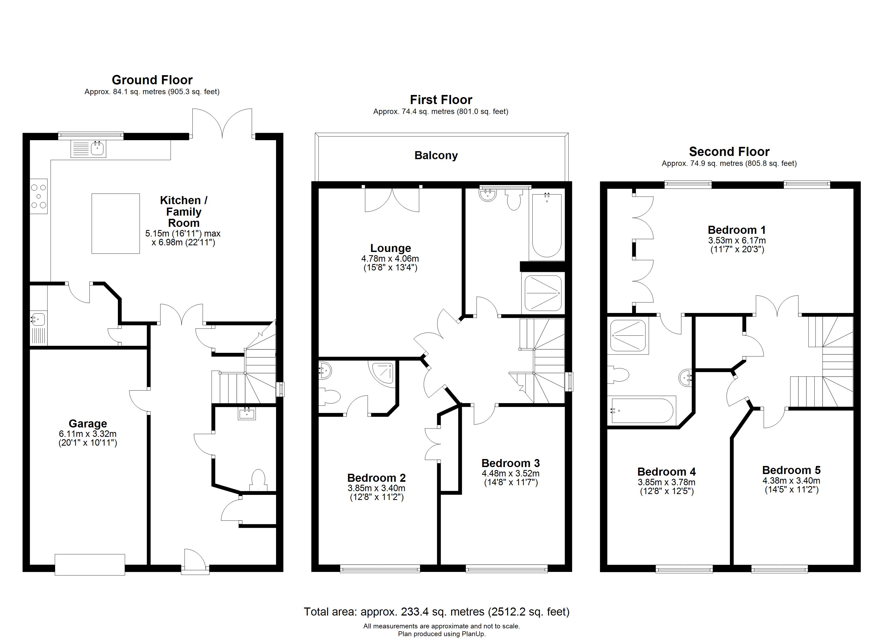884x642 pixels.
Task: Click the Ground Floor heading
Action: tap(152, 80)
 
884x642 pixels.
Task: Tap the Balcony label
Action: tap(436, 155)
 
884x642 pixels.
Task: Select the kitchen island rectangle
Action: tap(116, 223)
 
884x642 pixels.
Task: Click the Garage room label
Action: tap(88, 424)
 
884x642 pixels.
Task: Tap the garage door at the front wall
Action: tap(90, 564)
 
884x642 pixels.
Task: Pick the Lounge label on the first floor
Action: tap(391, 248)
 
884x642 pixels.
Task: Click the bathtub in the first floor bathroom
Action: tap(547, 225)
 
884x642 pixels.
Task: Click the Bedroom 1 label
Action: tap(737, 230)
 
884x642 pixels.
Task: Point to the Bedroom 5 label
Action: tap(791, 470)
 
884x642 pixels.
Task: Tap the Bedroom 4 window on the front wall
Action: tap(684, 569)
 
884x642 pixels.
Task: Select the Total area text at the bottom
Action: tap(437, 612)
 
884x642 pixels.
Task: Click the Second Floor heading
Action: tap(729, 151)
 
